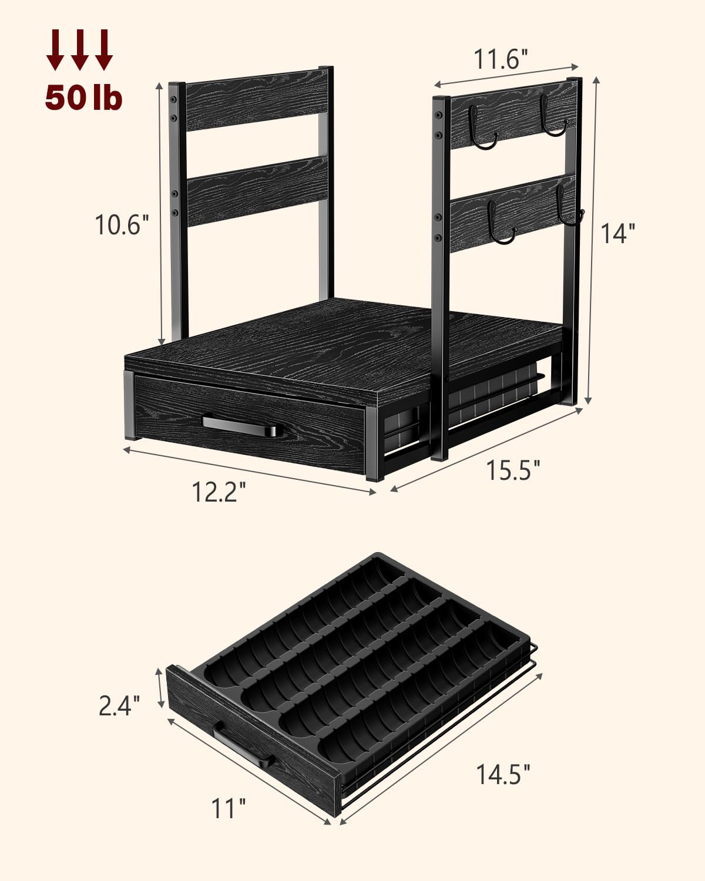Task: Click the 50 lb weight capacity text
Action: pyautogui.click(x=83, y=97)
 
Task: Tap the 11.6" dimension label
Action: pyautogui.click(x=501, y=59)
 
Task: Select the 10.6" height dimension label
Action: pyautogui.click(x=119, y=224)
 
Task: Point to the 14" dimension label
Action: pyautogui.click(x=617, y=233)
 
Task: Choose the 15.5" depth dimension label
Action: pyautogui.click(x=512, y=470)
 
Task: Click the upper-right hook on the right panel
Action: pyautogui.click(x=552, y=117)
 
